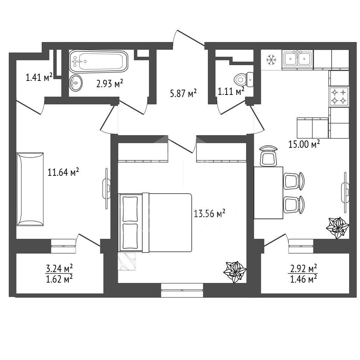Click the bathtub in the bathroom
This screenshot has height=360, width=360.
99,61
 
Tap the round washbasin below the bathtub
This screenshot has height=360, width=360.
76,82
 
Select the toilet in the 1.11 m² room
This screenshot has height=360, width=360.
244,79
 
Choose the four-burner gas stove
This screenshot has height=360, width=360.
339,96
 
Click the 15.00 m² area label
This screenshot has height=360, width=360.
304,144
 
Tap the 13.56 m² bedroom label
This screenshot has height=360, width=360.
209,213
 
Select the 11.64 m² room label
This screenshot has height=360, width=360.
63,172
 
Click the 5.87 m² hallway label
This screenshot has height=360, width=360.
183,94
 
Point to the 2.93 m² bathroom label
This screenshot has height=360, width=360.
109,84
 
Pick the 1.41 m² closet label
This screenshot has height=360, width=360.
39,77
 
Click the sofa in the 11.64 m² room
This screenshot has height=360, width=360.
30,189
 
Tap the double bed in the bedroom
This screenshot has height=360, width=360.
155,223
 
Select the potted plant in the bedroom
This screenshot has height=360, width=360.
235,272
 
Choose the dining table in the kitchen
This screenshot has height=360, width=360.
269,193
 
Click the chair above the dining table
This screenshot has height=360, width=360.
268,155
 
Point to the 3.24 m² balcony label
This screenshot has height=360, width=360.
60,268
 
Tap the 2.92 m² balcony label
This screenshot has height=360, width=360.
304,268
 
